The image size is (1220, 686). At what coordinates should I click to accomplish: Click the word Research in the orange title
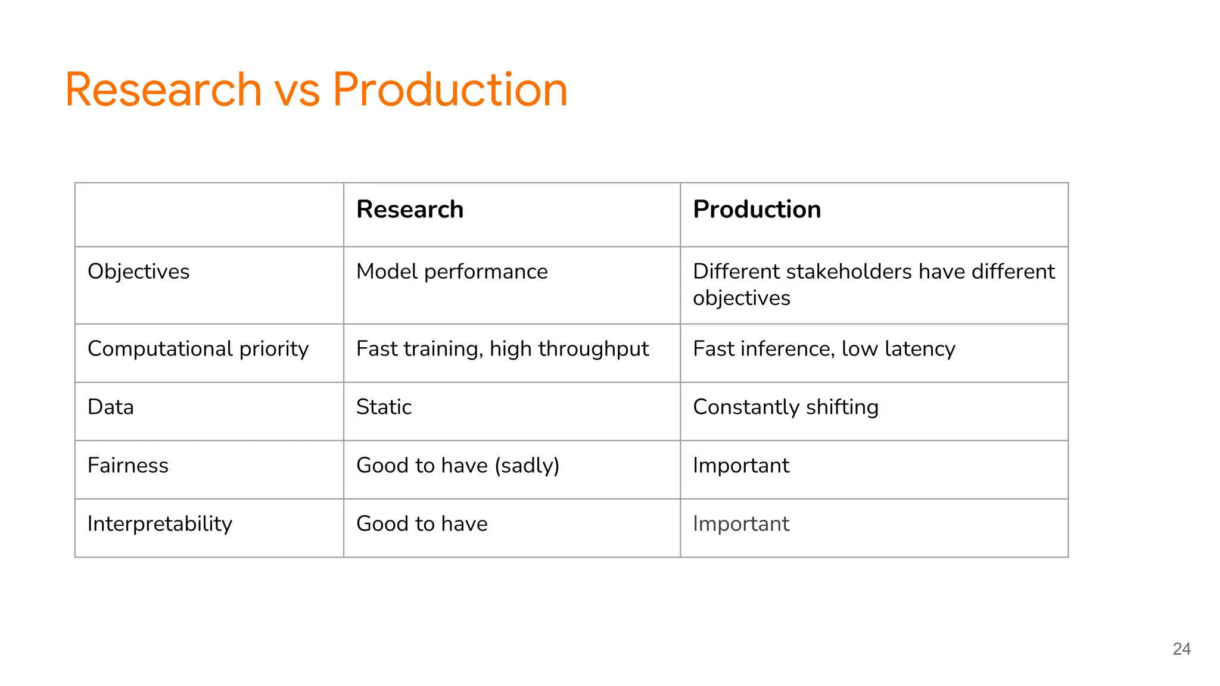pos(163,90)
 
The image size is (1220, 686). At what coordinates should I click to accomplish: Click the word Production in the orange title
pos(450,90)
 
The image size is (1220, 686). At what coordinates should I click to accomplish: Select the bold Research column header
pos(410,210)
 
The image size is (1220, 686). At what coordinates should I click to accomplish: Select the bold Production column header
pos(757,210)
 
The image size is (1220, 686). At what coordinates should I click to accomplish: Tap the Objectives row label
pos(138,272)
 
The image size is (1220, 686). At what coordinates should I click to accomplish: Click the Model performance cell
pos(452,272)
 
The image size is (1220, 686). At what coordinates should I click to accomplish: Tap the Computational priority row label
pos(198,349)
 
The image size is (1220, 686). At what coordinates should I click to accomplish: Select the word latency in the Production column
pos(920,349)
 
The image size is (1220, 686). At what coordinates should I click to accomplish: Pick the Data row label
pos(111,407)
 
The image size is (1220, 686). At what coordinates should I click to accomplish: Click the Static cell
pos(384,407)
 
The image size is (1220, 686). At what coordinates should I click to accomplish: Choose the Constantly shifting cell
pos(785,407)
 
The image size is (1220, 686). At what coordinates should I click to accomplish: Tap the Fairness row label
pos(127,466)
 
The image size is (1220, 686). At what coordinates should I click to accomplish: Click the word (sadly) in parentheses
pos(527,466)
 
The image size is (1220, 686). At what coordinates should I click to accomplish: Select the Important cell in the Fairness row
pos(740,466)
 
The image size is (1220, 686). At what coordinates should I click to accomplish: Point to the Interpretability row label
pos(160,524)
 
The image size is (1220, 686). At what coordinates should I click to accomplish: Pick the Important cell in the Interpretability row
pos(740,524)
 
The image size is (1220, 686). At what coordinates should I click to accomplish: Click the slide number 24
pos(1181,648)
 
